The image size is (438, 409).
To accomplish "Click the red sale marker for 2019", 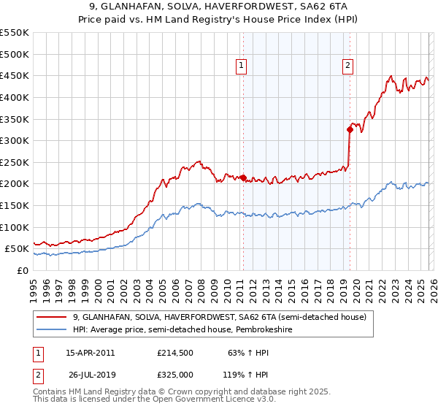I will point(350,129).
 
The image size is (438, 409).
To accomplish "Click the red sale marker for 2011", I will point(243,177).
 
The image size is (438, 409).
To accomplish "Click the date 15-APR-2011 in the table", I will point(90,353).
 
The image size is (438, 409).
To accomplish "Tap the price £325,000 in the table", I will point(175,374).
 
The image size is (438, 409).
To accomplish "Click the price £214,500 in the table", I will point(175,353).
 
